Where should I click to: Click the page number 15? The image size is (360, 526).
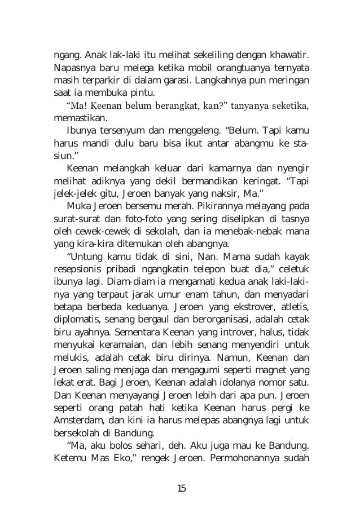pos(181,488)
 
